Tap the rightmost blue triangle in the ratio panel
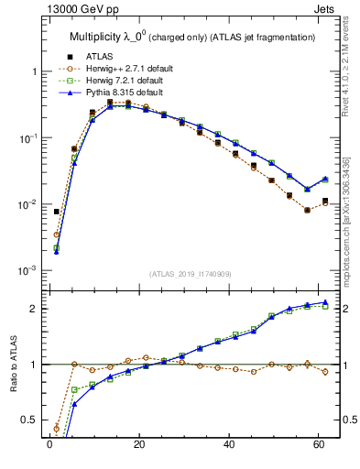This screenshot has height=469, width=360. click(x=325, y=302)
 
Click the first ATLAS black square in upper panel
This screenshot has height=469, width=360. click(x=57, y=212)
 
